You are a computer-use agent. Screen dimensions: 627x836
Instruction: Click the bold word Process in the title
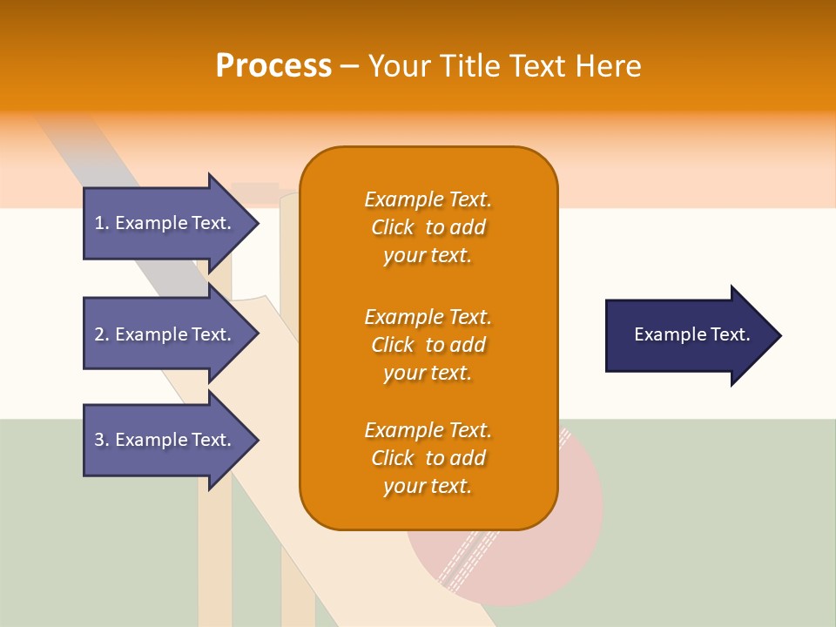click(273, 66)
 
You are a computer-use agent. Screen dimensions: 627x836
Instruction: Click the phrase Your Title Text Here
click(505, 66)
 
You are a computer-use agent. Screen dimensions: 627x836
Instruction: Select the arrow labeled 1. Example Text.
click(165, 223)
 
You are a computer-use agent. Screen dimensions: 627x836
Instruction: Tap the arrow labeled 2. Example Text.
click(165, 334)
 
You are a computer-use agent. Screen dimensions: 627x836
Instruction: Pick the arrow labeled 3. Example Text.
click(165, 440)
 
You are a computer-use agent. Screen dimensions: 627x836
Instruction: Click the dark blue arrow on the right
click(688, 335)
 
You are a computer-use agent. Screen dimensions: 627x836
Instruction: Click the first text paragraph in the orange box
click(428, 227)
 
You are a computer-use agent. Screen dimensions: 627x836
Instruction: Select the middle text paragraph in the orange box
click(428, 344)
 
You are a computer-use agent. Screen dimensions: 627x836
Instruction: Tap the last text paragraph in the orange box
click(428, 458)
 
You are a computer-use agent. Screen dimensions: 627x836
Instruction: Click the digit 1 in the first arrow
click(99, 223)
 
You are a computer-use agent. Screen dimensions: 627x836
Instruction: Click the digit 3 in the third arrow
click(99, 440)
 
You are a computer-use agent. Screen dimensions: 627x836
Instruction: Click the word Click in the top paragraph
click(393, 227)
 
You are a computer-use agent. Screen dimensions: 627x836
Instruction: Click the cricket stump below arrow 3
click(214, 557)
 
